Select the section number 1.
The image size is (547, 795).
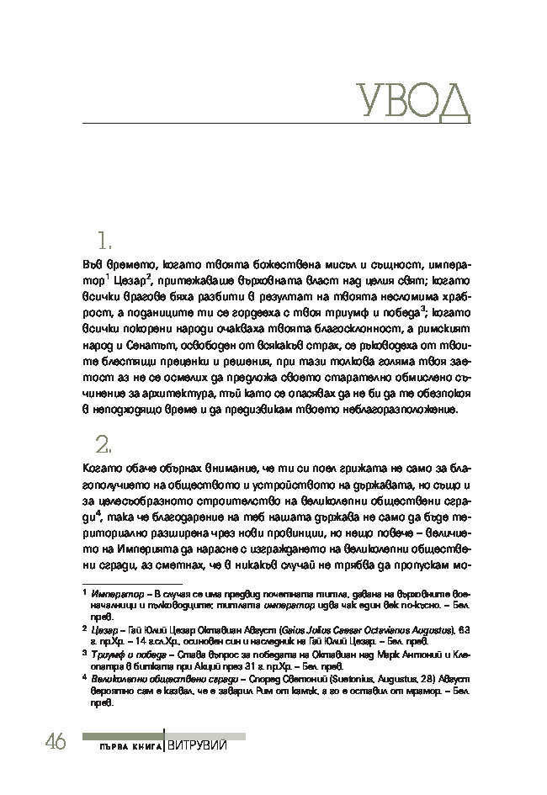pyautogui.click(x=104, y=243)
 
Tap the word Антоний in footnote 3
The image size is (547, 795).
pyautogui.click(x=402, y=653)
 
